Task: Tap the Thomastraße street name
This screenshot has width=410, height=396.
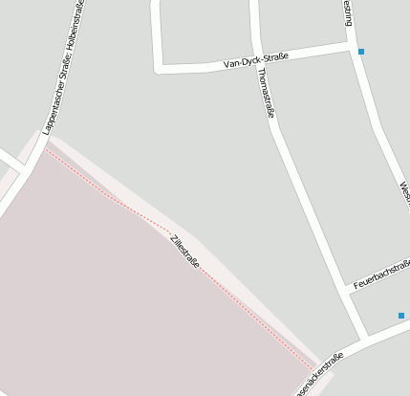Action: coord(269,98)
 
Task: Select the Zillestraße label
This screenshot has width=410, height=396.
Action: coord(184,251)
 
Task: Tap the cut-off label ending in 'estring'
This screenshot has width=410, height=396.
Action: coord(348,12)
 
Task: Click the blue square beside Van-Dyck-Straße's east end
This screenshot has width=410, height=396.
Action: coord(360,52)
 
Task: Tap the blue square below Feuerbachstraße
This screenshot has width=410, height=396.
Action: coord(401,316)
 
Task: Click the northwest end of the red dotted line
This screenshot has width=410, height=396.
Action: coord(45,147)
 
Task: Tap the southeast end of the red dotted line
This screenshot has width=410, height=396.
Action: coord(315,367)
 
